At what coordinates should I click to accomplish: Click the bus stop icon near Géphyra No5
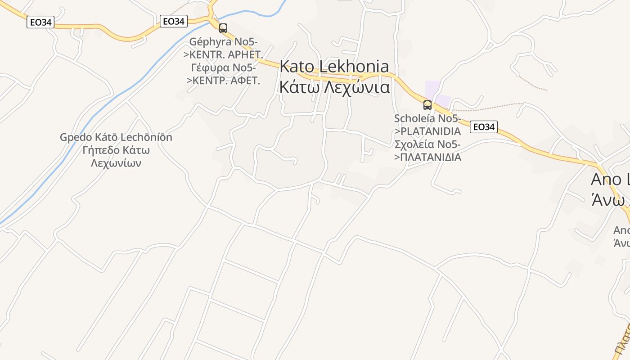(223, 28)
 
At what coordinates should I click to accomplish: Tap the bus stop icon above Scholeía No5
(427, 105)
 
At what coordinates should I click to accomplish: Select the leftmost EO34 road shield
(40, 22)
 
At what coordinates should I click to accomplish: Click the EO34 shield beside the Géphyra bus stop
(174, 21)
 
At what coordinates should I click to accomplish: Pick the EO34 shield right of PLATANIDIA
(484, 127)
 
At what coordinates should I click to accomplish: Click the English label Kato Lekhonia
(334, 66)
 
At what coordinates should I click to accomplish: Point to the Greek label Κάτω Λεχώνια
(334, 86)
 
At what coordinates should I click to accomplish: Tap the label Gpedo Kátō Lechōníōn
(116, 137)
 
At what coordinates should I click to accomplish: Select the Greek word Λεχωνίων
(116, 163)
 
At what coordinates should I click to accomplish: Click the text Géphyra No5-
(224, 42)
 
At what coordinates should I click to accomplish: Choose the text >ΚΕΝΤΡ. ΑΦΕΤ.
(224, 81)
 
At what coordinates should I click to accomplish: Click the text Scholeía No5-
(427, 119)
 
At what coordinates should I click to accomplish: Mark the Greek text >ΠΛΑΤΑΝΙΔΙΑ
(427, 157)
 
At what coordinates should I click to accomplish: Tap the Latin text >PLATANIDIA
(427, 131)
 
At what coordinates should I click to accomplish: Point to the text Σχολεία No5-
(427, 144)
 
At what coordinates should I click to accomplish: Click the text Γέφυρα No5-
(224, 68)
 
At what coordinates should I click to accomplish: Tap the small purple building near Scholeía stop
(433, 88)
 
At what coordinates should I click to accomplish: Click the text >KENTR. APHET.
(224, 55)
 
